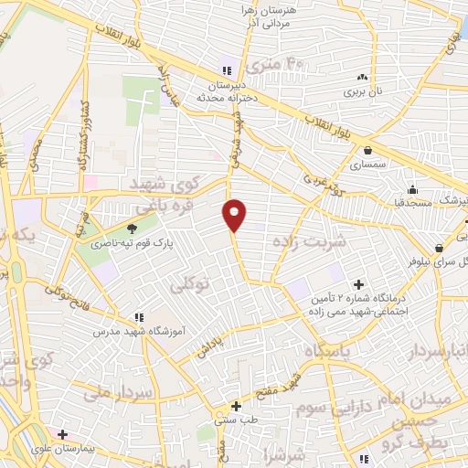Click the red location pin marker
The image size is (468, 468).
pyautogui.click(x=236, y=214)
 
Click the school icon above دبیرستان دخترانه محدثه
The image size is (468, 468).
pyautogui.click(x=227, y=69)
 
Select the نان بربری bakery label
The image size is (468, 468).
pyautogui.click(x=363, y=92)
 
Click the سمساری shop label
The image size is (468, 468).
pyautogui.click(x=368, y=165)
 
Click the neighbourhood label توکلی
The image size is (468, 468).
pyautogui.click(x=190, y=285)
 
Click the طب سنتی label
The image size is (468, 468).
pyautogui.click(x=236, y=420)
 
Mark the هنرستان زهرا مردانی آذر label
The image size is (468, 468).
pyautogui.click(x=279, y=13)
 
